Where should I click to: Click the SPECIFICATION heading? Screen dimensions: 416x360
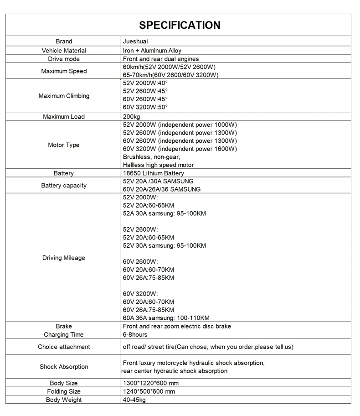[x=180, y=25]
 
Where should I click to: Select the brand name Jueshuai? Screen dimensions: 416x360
[x=136, y=42]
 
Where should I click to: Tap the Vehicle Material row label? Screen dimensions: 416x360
[x=64, y=51]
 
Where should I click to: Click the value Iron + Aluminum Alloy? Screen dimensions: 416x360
[x=152, y=51]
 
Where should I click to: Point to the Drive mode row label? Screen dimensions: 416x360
[x=64, y=59]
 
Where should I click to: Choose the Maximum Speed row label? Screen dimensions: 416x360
[x=64, y=71]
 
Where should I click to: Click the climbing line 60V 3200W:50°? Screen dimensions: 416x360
[x=145, y=107]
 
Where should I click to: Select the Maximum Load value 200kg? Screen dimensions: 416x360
[x=132, y=117]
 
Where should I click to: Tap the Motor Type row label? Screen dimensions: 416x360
[x=64, y=145]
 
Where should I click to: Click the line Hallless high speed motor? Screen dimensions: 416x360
[x=158, y=165]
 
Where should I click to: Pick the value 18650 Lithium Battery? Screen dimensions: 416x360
[x=154, y=173]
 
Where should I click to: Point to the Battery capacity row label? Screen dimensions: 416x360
[x=64, y=186]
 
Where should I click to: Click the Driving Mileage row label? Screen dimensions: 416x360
[x=64, y=258]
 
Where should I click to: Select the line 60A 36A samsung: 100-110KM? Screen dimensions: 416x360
[x=166, y=318]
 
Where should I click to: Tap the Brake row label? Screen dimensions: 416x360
[x=64, y=326]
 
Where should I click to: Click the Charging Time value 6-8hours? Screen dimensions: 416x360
[x=135, y=335]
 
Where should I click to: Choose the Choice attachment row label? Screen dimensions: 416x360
[x=64, y=347]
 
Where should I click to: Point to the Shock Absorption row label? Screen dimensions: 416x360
[x=64, y=367]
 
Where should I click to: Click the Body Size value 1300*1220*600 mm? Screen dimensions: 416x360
[x=151, y=383]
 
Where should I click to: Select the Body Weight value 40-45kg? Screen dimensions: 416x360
[x=134, y=400]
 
